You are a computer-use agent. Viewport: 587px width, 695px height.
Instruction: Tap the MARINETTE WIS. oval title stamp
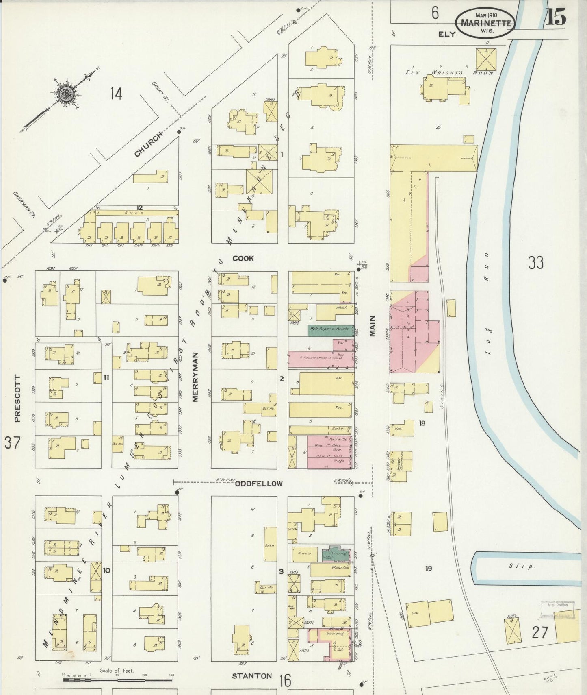click(485, 24)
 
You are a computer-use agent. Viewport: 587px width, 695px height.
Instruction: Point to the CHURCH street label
click(149, 144)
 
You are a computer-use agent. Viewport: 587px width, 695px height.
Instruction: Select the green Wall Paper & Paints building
click(331, 330)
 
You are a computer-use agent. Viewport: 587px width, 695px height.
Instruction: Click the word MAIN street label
click(373, 326)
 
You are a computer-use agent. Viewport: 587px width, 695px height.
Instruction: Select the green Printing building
click(338, 553)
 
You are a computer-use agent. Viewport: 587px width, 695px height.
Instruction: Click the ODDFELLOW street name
click(259, 484)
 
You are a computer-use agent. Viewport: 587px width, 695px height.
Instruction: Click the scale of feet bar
click(118, 680)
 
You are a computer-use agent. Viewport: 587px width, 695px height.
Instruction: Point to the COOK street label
click(243, 258)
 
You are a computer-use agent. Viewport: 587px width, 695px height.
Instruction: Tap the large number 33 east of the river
click(535, 263)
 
